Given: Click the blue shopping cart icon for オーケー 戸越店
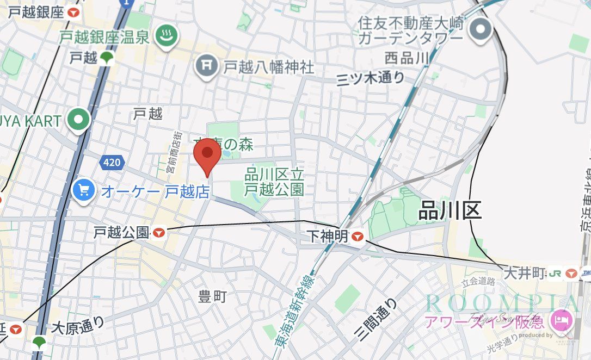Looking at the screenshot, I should [84, 190].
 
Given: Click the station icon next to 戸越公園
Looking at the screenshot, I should [159, 233].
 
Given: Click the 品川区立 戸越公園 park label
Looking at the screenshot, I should [274, 182].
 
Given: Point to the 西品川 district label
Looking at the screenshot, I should [407, 58].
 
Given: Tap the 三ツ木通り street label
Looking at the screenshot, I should [371, 78].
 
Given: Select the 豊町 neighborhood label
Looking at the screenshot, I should [212, 297].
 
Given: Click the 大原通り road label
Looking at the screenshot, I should [78, 327].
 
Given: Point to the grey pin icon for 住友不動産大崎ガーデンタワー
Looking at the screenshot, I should [481, 29].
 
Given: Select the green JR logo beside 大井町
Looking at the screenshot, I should [555, 272].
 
